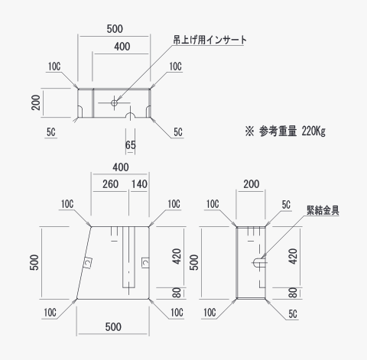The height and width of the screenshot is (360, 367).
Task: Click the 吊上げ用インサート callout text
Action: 210,40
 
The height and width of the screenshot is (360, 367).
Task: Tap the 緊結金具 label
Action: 323,210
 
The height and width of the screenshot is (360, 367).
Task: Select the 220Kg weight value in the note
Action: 313,131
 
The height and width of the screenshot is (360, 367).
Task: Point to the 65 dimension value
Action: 130,145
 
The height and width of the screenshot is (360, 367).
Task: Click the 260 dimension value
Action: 110,184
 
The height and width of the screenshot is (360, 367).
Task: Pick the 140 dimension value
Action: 139,184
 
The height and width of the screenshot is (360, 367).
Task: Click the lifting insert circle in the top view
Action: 114,103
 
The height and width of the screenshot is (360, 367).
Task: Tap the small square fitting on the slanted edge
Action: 88,262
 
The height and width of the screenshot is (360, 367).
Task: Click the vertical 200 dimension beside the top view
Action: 36,102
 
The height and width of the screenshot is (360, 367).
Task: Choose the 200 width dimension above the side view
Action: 251,184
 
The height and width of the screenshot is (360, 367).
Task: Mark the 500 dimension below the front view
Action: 113,327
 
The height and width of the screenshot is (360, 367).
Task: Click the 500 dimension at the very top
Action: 115,29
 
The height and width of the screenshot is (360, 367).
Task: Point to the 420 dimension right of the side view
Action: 293,257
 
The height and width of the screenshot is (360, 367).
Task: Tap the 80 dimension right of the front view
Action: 177,293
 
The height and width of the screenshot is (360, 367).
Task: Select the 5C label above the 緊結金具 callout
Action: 286,205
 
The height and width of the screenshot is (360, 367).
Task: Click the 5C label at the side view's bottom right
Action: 293,314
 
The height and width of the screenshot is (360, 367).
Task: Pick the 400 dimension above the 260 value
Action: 121,167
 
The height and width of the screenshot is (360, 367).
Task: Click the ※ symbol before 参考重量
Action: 249,131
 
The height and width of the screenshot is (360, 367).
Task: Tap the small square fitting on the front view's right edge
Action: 145,262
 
